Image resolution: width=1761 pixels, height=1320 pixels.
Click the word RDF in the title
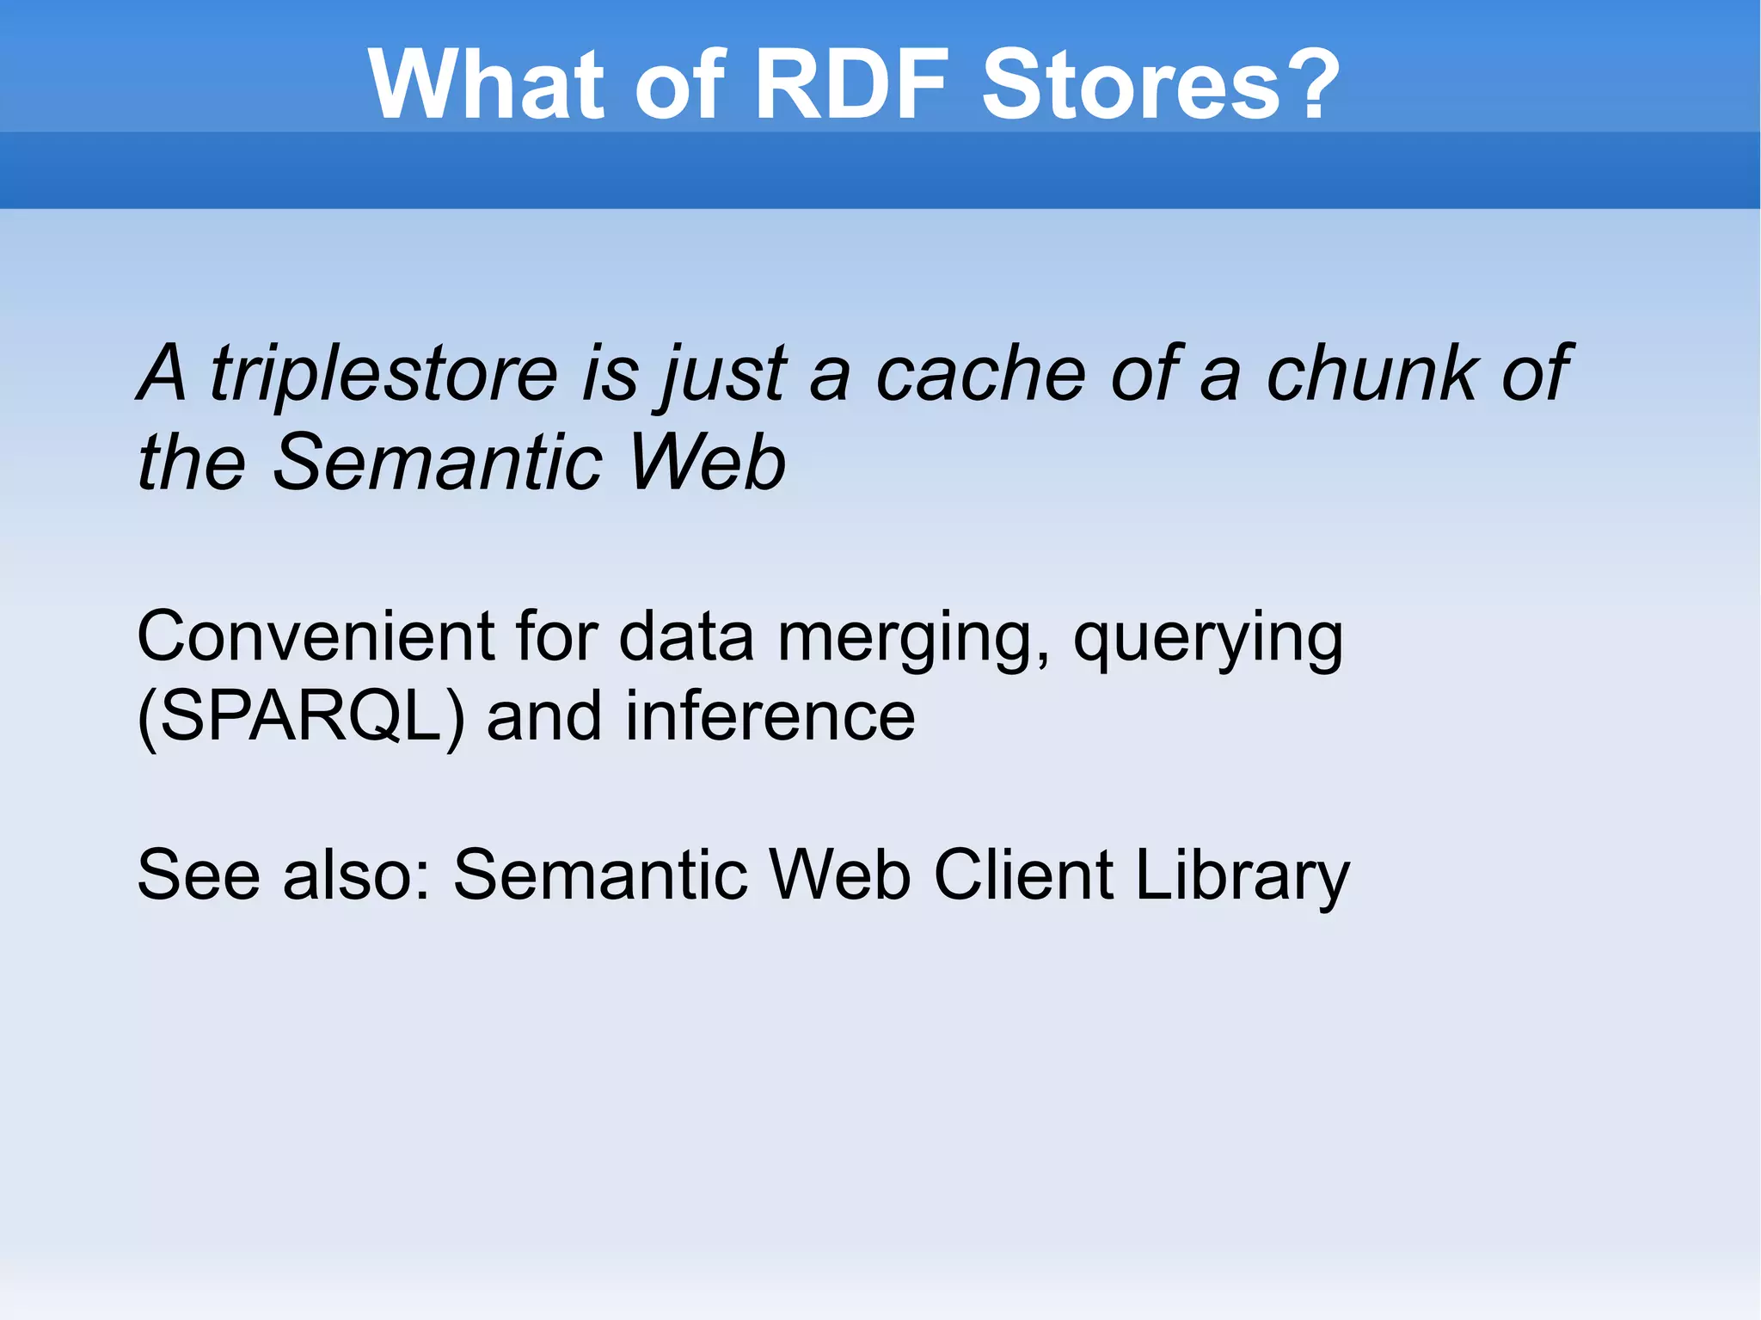click(x=851, y=84)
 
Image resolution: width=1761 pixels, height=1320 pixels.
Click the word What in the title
click(x=487, y=84)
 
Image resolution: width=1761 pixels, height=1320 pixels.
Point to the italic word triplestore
click(x=383, y=374)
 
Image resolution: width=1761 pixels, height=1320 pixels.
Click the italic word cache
click(x=981, y=374)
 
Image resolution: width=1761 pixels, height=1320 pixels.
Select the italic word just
click(x=721, y=374)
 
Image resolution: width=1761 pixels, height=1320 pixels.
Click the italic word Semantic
click(x=438, y=463)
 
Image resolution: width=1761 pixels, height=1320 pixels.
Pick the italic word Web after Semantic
click(x=707, y=463)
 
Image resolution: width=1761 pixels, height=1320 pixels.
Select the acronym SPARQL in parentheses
click(x=301, y=716)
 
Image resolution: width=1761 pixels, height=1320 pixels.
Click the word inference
click(x=770, y=716)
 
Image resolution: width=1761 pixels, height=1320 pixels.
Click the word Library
click(x=1242, y=875)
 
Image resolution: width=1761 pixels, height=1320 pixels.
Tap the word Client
click(x=1023, y=875)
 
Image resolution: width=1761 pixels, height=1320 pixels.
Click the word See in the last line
click(x=198, y=875)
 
